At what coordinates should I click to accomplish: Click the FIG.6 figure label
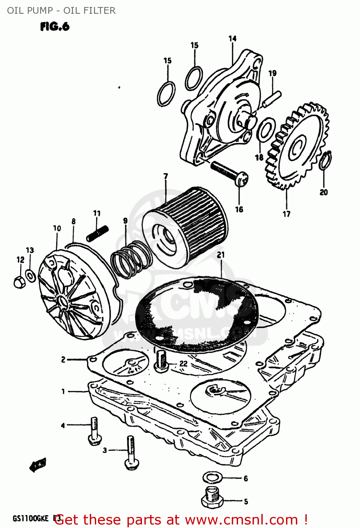pos(55,26)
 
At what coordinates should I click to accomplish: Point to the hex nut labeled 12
pos(19,282)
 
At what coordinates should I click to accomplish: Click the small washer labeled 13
pos(31,276)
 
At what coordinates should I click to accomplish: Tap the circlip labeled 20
pos(325,160)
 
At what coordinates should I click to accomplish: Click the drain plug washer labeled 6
pos(212,477)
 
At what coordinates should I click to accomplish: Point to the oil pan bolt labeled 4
pos(94,431)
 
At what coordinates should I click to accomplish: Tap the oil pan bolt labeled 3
pos(131,452)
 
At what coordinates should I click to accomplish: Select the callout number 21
pos(221,255)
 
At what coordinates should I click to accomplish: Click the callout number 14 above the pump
pos(232,38)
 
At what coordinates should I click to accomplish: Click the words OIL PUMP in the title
pos(30,11)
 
